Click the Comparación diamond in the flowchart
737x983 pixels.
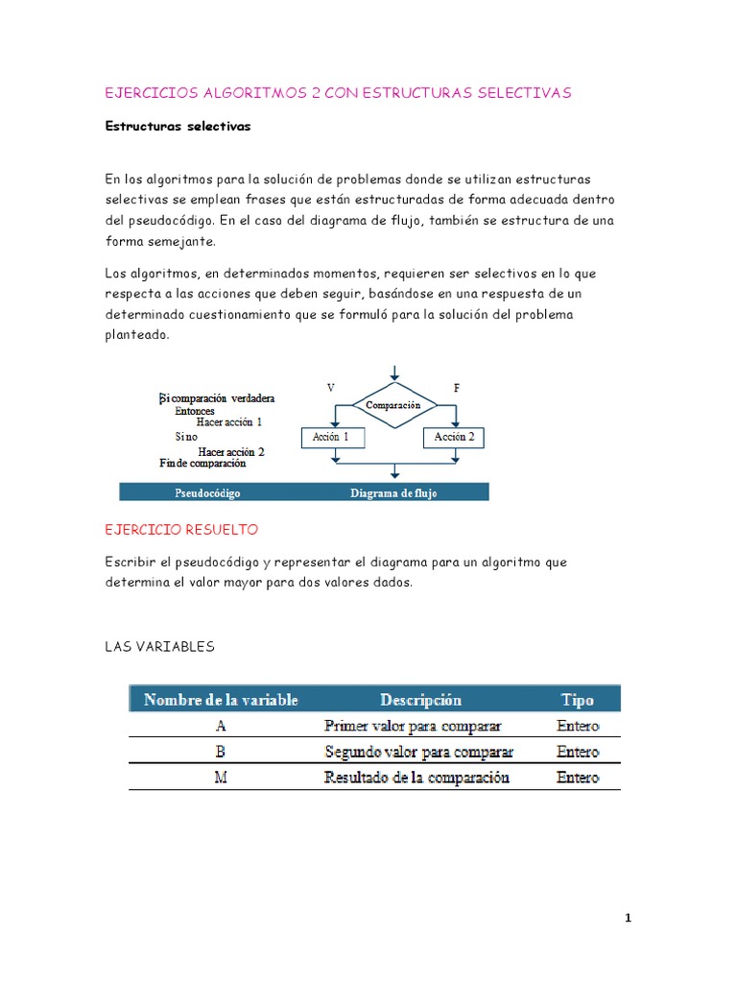click(394, 405)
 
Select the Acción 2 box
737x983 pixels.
click(454, 438)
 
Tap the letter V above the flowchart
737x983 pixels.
click(331, 388)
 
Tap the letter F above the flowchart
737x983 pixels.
click(456, 388)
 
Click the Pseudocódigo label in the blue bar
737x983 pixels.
click(207, 493)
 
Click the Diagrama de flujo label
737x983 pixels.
click(393, 493)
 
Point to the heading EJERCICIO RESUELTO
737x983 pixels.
click(180, 530)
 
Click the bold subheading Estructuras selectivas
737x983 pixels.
click(178, 127)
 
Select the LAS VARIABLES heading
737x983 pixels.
click(159, 647)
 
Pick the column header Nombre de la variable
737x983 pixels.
click(221, 700)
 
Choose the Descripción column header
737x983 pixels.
click(420, 700)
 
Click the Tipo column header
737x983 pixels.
click(578, 700)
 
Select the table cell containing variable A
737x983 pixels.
click(221, 726)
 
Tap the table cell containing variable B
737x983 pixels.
click(221, 752)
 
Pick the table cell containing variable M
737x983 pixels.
click(221, 778)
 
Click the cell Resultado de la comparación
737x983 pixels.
click(417, 778)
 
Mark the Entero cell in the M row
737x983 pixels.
click(578, 778)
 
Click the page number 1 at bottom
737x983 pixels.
click(628, 919)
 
